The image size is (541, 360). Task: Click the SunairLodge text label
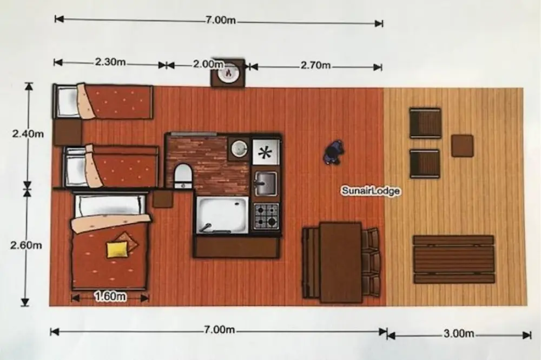[x=371, y=191]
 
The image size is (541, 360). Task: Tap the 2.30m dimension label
[x=110, y=62]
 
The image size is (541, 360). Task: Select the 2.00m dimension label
[x=208, y=64]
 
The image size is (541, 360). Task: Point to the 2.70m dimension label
[x=315, y=65]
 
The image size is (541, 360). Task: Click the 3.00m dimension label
[x=459, y=334]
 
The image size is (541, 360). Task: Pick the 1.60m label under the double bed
[x=110, y=296]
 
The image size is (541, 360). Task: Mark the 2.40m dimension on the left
[x=28, y=134]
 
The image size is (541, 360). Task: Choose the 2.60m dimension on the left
[x=26, y=245]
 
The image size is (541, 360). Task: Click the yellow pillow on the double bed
[x=117, y=250]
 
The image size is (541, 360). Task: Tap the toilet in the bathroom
[x=183, y=176]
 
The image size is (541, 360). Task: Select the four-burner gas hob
[x=266, y=217]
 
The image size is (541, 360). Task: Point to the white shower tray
[x=222, y=215]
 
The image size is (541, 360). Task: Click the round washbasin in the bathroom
[x=239, y=149]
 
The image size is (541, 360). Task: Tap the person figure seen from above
[x=334, y=152]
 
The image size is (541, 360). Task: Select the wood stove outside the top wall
[x=228, y=73]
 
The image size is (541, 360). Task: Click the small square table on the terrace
[x=463, y=146]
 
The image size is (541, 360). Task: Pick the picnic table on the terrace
[x=454, y=259]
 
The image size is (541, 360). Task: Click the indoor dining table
[x=340, y=263]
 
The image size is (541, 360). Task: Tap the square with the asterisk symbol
[x=265, y=152]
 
